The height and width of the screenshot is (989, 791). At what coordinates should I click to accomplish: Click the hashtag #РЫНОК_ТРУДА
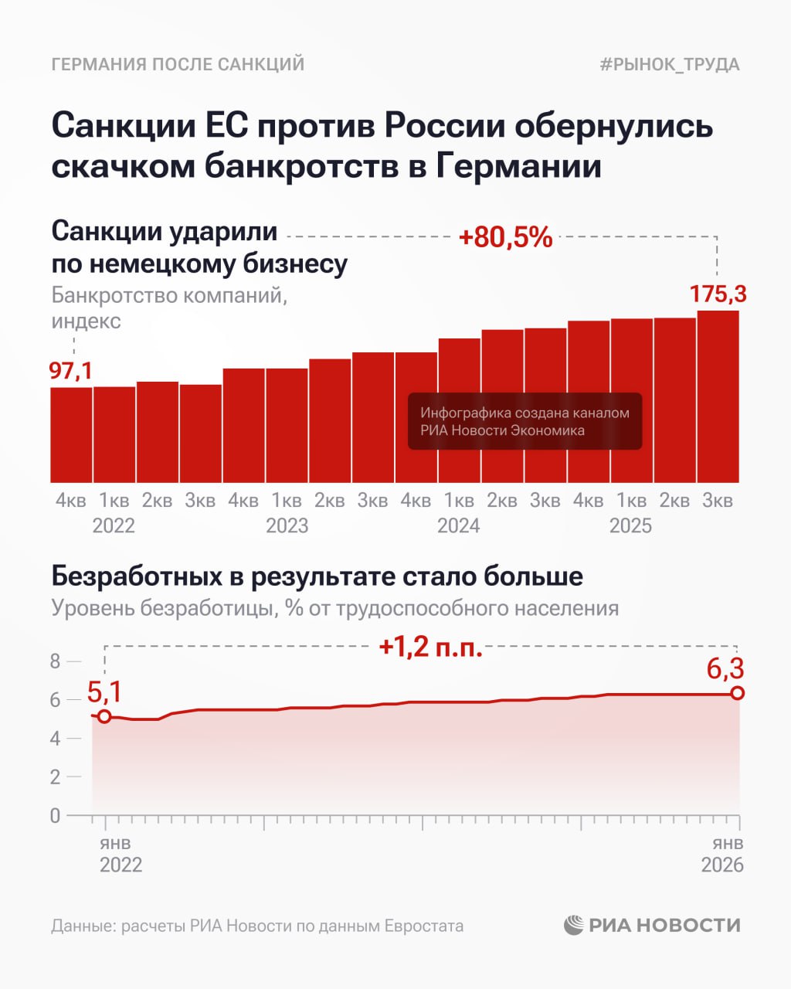[x=669, y=64]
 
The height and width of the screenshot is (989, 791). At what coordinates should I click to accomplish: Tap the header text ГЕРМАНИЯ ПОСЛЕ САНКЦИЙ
[x=178, y=64]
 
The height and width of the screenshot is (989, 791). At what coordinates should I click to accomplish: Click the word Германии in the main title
[x=518, y=166]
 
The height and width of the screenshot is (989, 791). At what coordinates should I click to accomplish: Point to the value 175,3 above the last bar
[x=718, y=294]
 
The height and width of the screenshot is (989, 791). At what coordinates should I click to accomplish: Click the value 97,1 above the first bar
[x=71, y=371]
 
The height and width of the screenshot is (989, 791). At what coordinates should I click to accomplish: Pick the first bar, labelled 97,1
[x=71, y=434]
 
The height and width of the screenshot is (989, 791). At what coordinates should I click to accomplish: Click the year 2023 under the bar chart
[x=287, y=526]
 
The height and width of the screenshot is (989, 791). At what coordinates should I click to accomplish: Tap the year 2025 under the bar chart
[x=630, y=526]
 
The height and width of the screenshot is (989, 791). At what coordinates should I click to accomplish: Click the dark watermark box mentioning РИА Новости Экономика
[x=525, y=421]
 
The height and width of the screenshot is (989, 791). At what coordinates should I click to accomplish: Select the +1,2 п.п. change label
[x=430, y=647]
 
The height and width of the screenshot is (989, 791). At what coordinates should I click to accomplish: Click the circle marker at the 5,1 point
[x=104, y=716]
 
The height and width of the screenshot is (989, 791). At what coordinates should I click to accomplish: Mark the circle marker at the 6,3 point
[x=738, y=693]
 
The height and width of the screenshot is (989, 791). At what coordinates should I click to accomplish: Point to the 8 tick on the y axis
[x=55, y=661]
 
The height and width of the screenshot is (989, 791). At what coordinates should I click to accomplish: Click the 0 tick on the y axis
[x=55, y=815]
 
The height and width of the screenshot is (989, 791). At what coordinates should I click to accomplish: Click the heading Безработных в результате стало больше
[x=317, y=576]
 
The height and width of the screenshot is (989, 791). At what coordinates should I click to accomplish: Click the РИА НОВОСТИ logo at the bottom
[x=652, y=925]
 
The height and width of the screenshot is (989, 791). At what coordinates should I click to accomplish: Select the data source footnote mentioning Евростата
[x=257, y=926]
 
